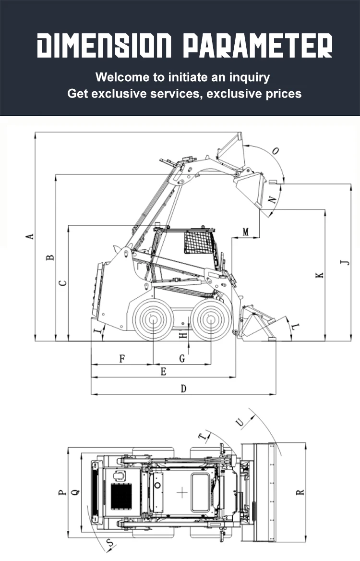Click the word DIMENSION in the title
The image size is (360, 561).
pos(104,46)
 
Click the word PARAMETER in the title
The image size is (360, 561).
pos(258,46)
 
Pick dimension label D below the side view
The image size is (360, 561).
pos(183,388)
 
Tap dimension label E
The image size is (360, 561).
pos(163,371)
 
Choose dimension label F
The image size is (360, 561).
pos(122,358)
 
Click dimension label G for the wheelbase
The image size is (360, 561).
pos(182,358)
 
